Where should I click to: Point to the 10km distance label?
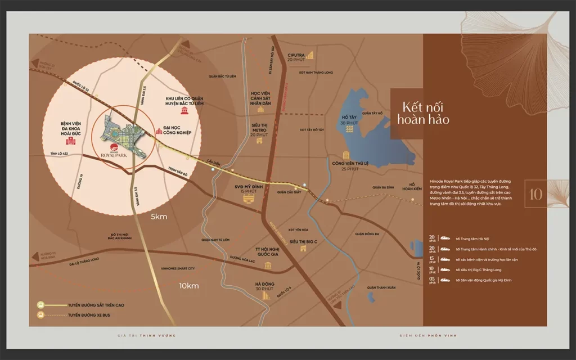189,286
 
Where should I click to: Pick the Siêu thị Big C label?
304,241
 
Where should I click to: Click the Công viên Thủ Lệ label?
345,166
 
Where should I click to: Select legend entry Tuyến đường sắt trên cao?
96,305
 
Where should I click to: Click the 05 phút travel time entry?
484,280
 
